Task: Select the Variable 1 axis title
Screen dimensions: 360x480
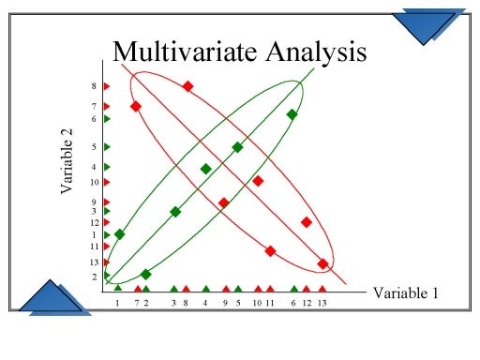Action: tap(406, 293)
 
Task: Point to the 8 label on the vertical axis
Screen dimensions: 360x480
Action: tap(94, 86)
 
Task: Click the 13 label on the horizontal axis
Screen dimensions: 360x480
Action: tap(322, 304)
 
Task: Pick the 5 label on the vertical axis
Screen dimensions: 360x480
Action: tap(94, 147)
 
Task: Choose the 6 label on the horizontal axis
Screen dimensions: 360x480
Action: tap(293, 304)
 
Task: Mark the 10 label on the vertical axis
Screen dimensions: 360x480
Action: tap(94, 182)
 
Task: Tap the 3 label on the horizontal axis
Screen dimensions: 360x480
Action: tap(173, 304)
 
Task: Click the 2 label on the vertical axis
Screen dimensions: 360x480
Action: tap(94, 277)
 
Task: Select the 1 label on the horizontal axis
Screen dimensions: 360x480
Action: tap(117, 304)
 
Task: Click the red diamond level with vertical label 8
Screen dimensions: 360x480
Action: tap(187, 86)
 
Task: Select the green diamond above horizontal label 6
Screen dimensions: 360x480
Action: tap(292, 114)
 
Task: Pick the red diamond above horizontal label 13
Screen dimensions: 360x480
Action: tap(322, 263)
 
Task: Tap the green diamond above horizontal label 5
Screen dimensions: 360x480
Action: tap(237, 147)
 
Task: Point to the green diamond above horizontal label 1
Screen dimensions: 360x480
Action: tap(119, 234)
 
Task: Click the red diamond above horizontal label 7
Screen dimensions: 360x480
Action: tap(136, 106)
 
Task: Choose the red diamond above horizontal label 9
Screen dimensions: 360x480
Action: tap(223, 202)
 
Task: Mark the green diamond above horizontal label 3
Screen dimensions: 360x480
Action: tap(175, 212)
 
